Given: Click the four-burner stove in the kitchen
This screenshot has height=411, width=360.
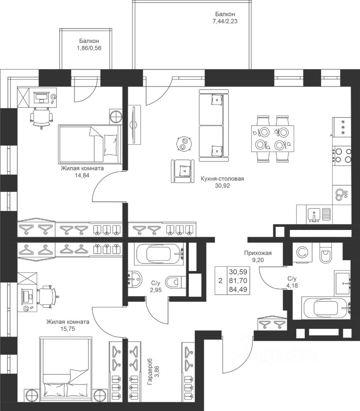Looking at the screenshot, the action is point(342,155).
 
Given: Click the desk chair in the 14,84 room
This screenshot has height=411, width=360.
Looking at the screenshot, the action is point(42,117).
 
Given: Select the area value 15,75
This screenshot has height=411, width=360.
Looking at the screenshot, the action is point(67,329).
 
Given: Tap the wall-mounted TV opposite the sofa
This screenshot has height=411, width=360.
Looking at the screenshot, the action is point(134,124).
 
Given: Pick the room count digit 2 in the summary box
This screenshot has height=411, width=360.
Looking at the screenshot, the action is point(220,281).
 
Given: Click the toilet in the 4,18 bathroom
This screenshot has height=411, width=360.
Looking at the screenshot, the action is point(326,255).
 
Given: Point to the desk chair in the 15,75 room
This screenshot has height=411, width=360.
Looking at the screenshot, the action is point(47,295).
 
